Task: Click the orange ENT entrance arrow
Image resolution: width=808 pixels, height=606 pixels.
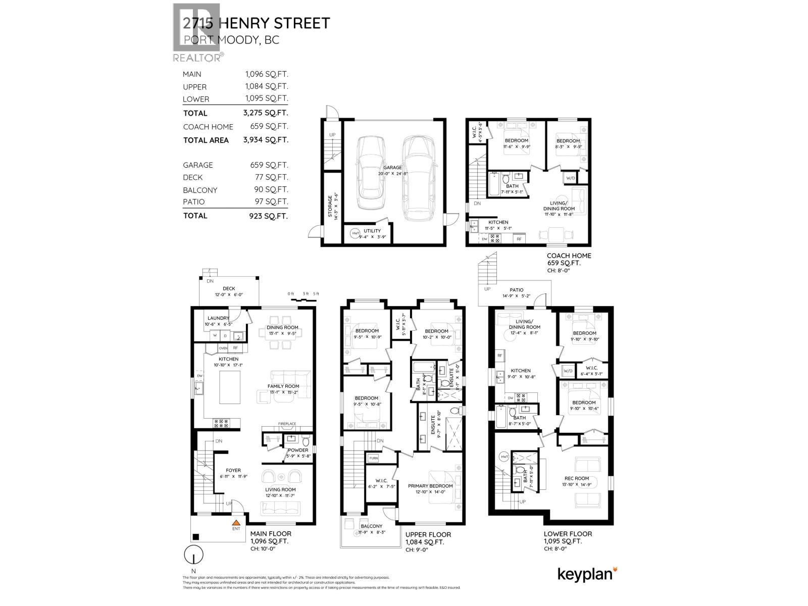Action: point(235,523)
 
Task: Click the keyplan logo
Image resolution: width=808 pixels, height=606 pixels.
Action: point(587,575)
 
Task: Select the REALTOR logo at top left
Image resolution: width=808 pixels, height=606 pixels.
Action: point(196,32)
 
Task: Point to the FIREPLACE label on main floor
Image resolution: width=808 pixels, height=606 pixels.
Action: point(287,424)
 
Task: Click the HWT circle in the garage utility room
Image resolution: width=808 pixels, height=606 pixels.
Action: point(355,233)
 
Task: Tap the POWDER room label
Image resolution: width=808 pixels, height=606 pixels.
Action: point(298,450)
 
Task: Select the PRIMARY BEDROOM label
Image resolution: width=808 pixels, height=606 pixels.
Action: point(430,486)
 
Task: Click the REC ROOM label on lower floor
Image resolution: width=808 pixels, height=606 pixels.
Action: point(577,478)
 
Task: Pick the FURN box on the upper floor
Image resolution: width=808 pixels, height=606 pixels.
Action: point(373,458)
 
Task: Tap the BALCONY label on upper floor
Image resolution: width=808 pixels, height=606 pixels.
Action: point(371,526)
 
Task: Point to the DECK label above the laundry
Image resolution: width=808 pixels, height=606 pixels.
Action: point(229,288)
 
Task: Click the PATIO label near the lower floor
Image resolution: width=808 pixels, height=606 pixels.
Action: point(516,290)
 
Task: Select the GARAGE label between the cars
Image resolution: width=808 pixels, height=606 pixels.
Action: point(392,168)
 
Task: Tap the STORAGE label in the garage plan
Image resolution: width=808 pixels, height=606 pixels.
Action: point(331,206)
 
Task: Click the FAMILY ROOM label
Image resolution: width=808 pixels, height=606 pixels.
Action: point(283,386)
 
